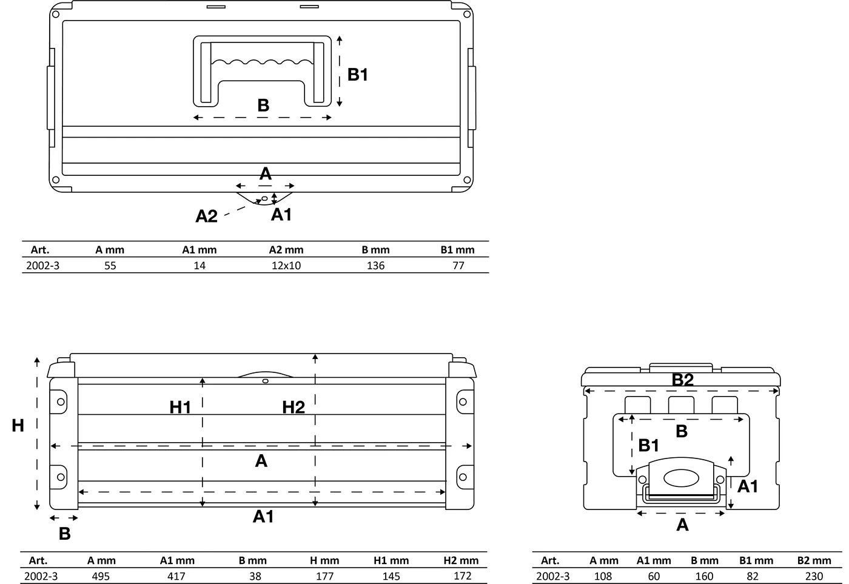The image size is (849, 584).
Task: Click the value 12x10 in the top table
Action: click(286, 265)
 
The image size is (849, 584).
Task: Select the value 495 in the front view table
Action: click(101, 576)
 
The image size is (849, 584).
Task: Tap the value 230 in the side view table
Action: click(814, 576)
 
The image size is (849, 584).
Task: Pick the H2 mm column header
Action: click(461, 560)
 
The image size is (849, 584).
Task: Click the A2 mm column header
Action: click(286, 250)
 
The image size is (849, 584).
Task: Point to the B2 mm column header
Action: click(814, 560)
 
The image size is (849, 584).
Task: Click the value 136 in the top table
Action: click(375, 265)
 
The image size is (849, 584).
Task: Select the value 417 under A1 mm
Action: click(176, 576)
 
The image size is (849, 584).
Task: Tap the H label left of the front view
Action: click(18, 426)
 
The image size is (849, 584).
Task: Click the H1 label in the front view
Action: click(180, 408)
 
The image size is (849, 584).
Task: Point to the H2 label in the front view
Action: click(294, 408)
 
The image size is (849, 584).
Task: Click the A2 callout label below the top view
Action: click(206, 216)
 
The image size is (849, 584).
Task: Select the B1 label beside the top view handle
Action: click(358, 75)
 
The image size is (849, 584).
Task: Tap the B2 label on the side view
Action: click(683, 380)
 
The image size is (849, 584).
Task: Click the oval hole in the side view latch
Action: click(681, 478)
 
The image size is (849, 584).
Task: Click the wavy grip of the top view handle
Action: click(262, 62)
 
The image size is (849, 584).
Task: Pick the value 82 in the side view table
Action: click(753, 576)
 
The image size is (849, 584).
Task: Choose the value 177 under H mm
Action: click(324, 576)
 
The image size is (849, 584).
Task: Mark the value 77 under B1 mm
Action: click(458, 265)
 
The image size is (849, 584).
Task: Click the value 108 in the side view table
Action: click(603, 576)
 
